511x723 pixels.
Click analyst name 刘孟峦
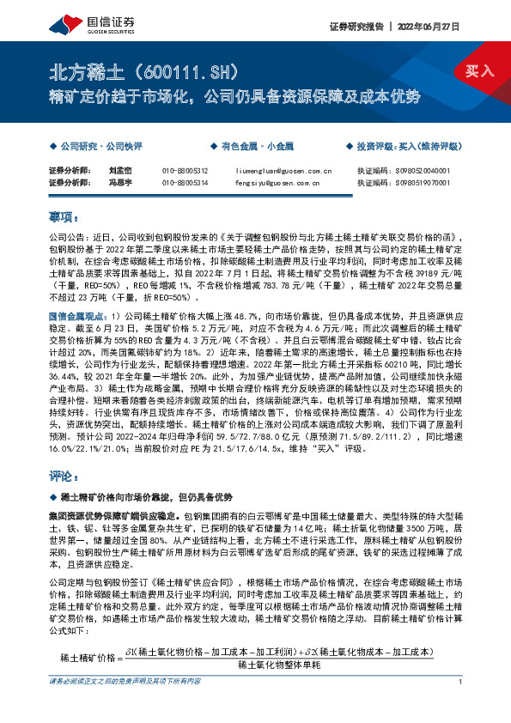120,170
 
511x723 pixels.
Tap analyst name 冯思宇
120,182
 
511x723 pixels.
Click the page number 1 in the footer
462,706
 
